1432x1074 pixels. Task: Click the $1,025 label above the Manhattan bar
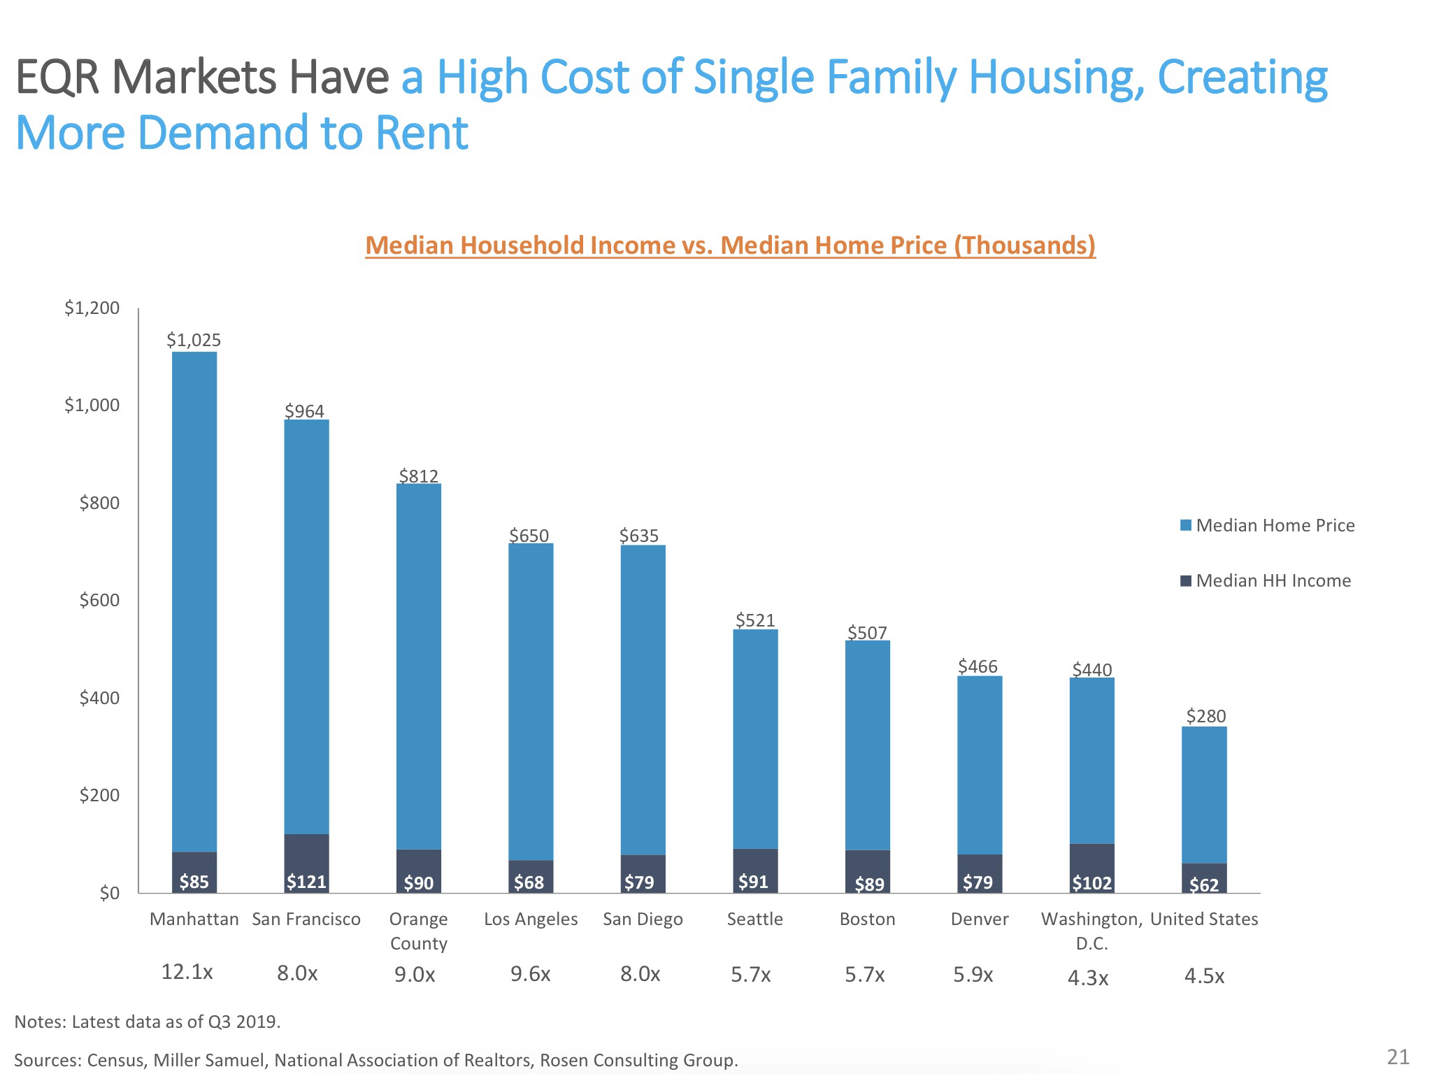coord(194,340)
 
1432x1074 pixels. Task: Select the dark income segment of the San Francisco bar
coord(306,863)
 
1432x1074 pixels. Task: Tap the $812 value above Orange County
coord(418,476)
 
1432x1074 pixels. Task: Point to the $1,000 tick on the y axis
coord(92,406)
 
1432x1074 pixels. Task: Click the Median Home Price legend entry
coord(1267,526)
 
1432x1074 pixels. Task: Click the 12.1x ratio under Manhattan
coord(187,972)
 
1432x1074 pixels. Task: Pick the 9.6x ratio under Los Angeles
coord(530,974)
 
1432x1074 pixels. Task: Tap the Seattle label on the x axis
coord(754,919)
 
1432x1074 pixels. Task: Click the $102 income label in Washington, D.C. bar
coord(1091,883)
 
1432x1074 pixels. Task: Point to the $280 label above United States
coord(1205,716)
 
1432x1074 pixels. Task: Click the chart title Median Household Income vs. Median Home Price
coord(730,245)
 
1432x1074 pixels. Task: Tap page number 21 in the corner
coord(1398,1057)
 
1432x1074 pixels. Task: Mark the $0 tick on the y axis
coord(108,894)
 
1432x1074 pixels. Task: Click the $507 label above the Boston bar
coord(867,633)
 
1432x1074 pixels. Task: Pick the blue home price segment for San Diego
coord(643,699)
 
